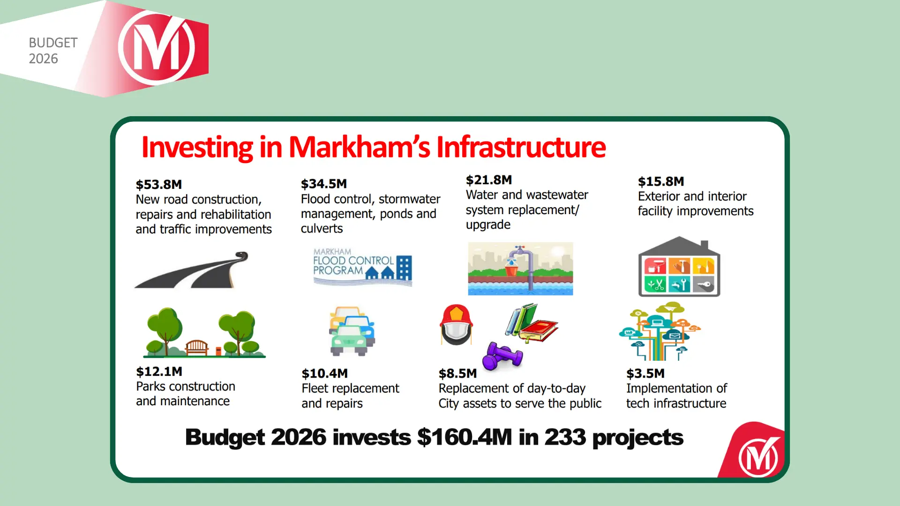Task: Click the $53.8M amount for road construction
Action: [x=158, y=185]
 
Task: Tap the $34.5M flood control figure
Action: [x=323, y=184]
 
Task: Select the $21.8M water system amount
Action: [x=488, y=180]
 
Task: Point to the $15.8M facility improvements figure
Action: [x=660, y=181]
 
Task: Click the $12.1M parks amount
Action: [x=159, y=372]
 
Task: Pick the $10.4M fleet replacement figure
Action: [x=324, y=373]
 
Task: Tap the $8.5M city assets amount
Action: [x=457, y=373]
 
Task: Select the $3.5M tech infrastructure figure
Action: [x=645, y=373]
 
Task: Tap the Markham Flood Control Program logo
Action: [x=362, y=267]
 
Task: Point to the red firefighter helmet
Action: [x=456, y=324]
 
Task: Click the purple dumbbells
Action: [x=502, y=357]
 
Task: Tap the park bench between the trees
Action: [x=197, y=347]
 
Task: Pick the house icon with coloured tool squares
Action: [x=679, y=267]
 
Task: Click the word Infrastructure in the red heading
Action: [x=521, y=147]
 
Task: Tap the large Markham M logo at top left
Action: [x=157, y=48]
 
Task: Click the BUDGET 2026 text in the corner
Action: [x=53, y=51]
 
